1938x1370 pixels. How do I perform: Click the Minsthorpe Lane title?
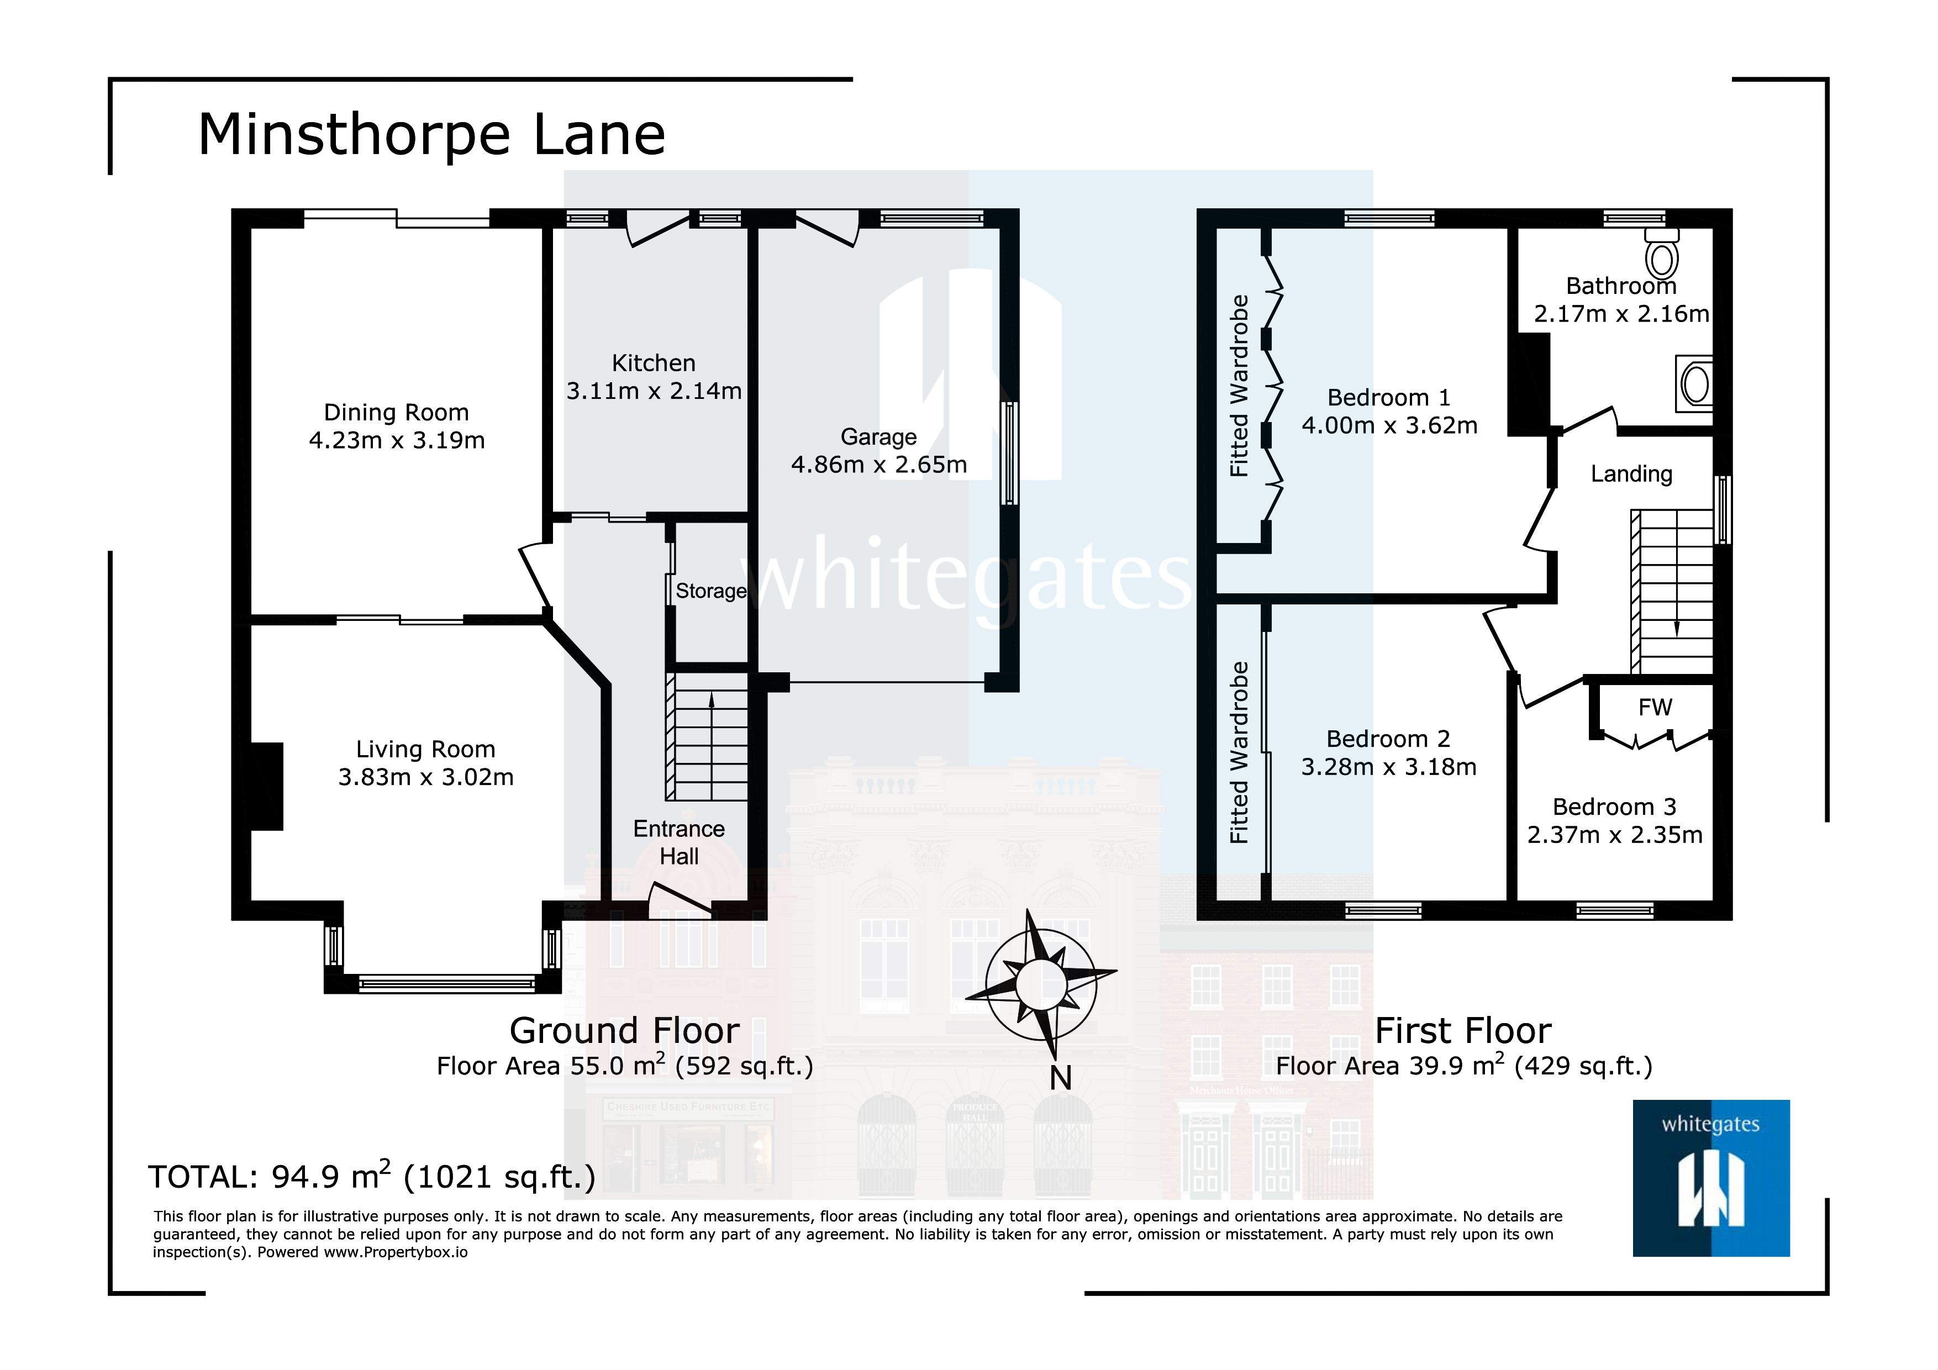coord(431,135)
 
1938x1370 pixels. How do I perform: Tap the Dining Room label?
coord(396,413)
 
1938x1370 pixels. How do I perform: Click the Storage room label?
coord(710,591)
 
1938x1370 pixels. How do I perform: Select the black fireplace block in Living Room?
coord(267,786)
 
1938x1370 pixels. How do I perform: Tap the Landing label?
coord(1631,475)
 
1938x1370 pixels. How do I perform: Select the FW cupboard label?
coord(1655,707)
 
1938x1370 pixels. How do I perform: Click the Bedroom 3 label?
coord(1614,807)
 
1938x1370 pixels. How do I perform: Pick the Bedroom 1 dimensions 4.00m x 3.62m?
coord(1389,425)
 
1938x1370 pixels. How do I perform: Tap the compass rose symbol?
coord(1041,983)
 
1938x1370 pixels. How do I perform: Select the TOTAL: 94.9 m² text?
coord(371,1176)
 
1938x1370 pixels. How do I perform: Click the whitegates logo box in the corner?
coord(1711,1178)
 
